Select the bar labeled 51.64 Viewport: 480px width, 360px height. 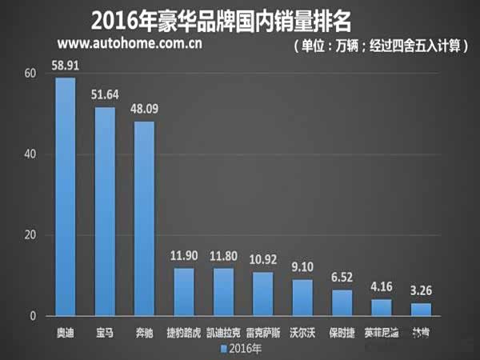point(105,211)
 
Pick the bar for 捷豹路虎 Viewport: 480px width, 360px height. point(183,292)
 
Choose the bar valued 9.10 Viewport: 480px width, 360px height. point(302,298)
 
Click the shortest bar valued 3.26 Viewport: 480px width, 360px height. point(421,310)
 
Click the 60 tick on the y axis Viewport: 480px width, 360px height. point(30,74)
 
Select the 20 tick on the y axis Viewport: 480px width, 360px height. point(30,235)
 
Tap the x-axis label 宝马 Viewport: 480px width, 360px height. point(105,331)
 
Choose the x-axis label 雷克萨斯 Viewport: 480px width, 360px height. point(262,331)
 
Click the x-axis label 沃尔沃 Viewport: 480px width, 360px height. point(302,331)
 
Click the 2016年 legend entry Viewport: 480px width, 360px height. point(240,348)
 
